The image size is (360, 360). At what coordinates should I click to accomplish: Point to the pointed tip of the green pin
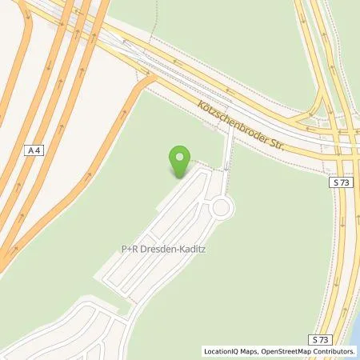pyautogui.click(x=180, y=178)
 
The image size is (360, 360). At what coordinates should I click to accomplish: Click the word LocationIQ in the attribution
pyautogui.click(x=221, y=350)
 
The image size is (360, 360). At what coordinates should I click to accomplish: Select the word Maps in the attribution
pyautogui.click(x=249, y=350)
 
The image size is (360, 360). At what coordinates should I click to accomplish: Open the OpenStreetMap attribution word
pyautogui.click(x=286, y=350)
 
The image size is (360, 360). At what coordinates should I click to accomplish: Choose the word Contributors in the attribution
pyautogui.click(x=334, y=350)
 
